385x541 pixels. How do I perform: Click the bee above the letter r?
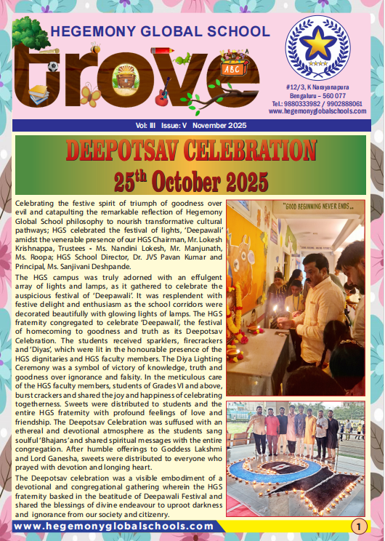click(95, 49)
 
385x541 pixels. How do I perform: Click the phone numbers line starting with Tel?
click(318, 103)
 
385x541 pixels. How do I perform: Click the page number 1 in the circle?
click(358, 526)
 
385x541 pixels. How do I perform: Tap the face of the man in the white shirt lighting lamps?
click(314, 265)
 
